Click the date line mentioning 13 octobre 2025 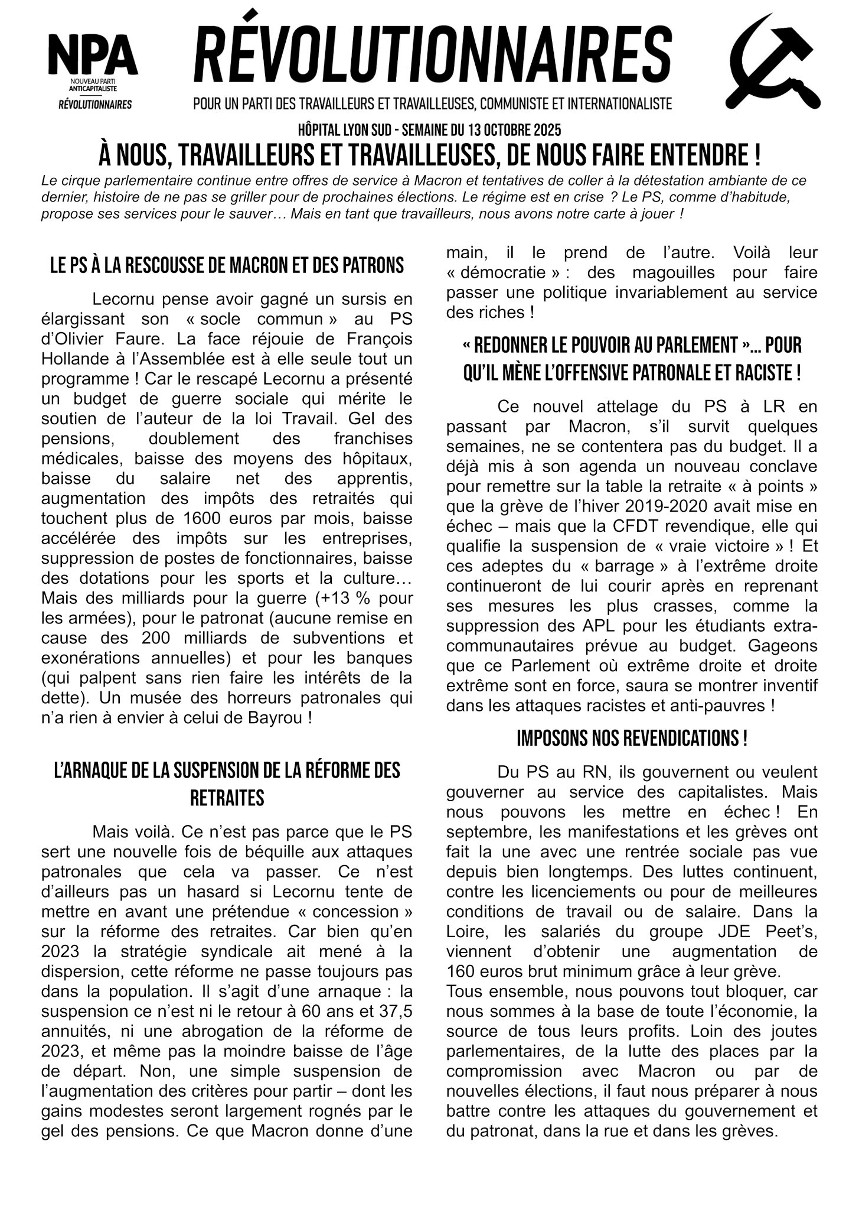tap(429, 129)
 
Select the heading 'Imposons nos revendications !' tap(632, 739)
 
